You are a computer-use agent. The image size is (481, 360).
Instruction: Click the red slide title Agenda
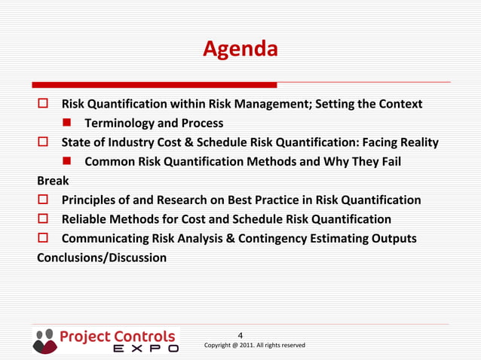coord(240,50)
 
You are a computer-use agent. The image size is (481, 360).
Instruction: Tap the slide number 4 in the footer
coord(240,335)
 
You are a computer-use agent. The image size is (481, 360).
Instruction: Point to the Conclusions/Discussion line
coord(102,258)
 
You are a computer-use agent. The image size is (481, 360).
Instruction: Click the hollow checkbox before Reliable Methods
coord(44,219)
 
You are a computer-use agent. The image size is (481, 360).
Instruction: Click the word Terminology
coord(119,124)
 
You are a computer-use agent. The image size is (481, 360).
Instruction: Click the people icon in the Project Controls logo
coord(44,340)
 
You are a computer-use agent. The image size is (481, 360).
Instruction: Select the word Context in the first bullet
coord(399,104)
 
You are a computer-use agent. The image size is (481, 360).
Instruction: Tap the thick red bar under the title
coord(155,85)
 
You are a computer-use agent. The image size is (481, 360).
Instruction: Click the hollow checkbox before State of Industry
coord(44,142)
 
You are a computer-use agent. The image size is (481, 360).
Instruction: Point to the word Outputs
coord(392,239)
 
